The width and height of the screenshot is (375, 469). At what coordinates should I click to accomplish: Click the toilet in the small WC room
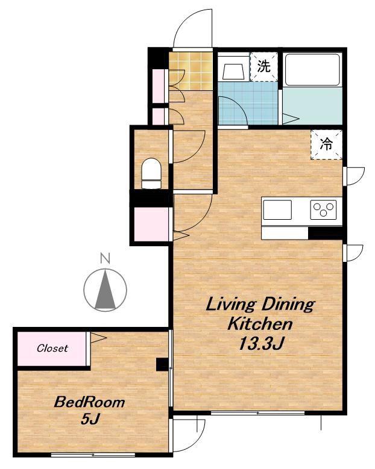[151, 173]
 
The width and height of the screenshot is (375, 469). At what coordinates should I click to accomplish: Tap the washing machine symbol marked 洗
[264, 66]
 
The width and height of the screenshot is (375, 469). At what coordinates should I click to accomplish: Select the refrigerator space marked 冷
[326, 144]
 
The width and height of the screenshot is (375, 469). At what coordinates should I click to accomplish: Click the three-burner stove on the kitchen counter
[323, 210]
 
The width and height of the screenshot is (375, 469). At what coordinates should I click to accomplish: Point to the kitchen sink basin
[277, 210]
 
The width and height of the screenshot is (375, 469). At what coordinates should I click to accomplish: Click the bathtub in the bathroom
[312, 70]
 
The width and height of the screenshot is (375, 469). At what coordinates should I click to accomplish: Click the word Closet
[52, 348]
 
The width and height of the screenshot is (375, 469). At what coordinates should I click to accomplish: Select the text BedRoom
[89, 402]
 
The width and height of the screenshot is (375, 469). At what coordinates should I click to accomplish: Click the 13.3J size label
[260, 343]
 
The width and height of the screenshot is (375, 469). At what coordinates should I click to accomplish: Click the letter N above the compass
[105, 258]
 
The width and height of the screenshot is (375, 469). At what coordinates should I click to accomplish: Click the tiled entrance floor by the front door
[191, 71]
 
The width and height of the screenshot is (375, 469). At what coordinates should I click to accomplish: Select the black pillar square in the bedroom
[163, 365]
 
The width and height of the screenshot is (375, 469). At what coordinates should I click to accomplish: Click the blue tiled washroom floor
[248, 103]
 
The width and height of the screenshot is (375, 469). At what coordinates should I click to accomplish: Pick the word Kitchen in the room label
[260, 324]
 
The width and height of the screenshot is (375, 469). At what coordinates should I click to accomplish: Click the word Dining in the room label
[288, 305]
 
